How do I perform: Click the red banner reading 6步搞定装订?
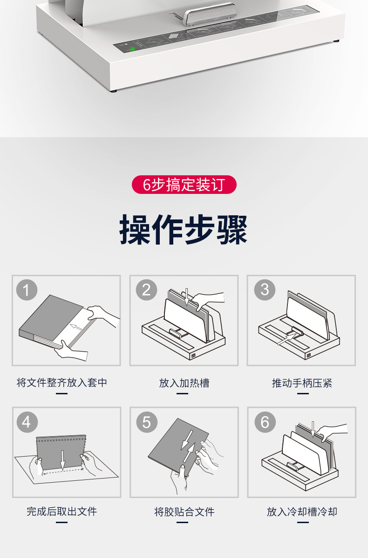pyautogui.click(x=184, y=185)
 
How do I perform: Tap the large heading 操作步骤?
pyautogui.click(x=184, y=229)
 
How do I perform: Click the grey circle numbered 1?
pyautogui.click(x=27, y=290)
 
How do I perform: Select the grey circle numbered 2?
pyautogui.click(x=146, y=290)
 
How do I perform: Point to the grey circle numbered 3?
pyautogui.click(x=265, y=290)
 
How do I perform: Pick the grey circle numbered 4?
pyautogui.click(x=27, y=422)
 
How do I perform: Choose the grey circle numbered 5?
pyautogui.click(x=147, y=422)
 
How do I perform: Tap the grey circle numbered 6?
pyautogui.click(x=265, y=422)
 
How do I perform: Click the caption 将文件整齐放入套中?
pyautogui.click(x=62, y=383)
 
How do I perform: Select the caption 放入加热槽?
pyautogui.click(x=184, y=383)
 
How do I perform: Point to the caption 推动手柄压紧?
pyautogui.click(x=302, y=383)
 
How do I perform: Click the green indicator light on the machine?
pyautogui.click(x=133, y=48)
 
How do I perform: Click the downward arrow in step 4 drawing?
pyautogui.click(x=62, y=459)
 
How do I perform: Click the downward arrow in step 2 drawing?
pyautogui.click(x=186, y=297)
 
